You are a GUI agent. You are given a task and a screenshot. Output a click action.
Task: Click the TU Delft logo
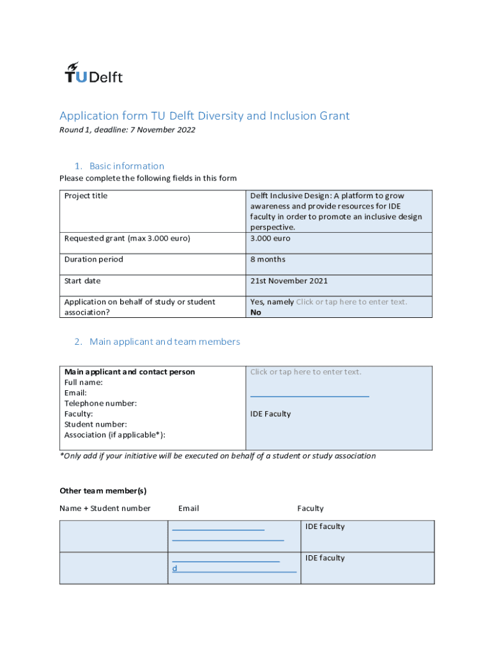[x=94, y=73]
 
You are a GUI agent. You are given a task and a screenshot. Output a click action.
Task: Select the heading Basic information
[x=127, y=166]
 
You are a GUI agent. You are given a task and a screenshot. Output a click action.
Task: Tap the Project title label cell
[x=86, y=196]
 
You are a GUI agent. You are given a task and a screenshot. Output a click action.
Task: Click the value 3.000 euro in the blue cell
[x=270, y=238]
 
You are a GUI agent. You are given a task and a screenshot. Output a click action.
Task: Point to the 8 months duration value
[x=268, y=259]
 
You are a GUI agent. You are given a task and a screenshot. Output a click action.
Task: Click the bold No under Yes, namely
[x=256, y=312]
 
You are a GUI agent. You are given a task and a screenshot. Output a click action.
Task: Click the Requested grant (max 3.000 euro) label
[x=127, y=238]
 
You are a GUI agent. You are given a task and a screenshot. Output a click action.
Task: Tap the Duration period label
[x=93, y=259]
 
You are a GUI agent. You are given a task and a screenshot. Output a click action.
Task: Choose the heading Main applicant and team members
[x=164, y=342]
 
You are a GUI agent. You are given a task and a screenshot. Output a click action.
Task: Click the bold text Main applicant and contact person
[x=130, y=372]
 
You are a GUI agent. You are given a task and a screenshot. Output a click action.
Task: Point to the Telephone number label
[x=100, y=403]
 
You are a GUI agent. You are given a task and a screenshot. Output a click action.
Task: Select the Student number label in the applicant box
[x=95, y=424]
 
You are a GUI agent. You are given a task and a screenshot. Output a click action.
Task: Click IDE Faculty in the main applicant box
[x=270, y=414]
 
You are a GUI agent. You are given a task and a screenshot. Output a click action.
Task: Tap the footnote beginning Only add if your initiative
[x=217, y=456]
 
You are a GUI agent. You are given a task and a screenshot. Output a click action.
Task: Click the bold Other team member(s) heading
[x=103, y=491]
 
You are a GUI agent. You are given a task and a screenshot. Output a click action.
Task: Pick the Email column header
[x=188, y=509]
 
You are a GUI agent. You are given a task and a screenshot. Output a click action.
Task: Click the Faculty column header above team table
[x=310, y=509]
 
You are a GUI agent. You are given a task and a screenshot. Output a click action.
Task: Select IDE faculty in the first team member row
[x=325, y=526]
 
